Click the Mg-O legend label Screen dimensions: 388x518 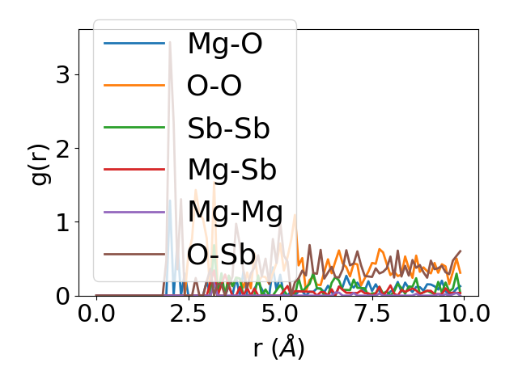pyautogui.click(x=224, y=44)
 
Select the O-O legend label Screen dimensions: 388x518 pyautogui.click(x=214, y=86)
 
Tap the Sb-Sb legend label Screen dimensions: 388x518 pyautogui.click(x=228, y=129)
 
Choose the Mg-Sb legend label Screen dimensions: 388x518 pyautogui.click(x=231, y=171)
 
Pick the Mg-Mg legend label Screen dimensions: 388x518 pyautogui.click(x=235, y=213)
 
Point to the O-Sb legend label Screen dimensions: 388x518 pyautogui.click(x=221, y=255)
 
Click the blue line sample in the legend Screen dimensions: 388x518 pyautogui.click(x=134, y=44)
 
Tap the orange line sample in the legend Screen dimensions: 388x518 pyautogui.click(x=134, y=86)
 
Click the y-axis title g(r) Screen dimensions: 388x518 pyautogui.click(x=40, y=162)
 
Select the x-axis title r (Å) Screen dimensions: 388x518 pyautogui.click(x=278, y=348)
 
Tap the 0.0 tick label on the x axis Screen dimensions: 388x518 pyautogui.click(x=96, y=314)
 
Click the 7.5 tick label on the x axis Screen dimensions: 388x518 pyautogui.click(x=370, y=314)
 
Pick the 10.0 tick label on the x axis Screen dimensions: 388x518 pyautogui.click(x=461, y=314)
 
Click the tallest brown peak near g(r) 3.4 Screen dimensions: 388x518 pyautogui.click(x=170, y=42)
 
